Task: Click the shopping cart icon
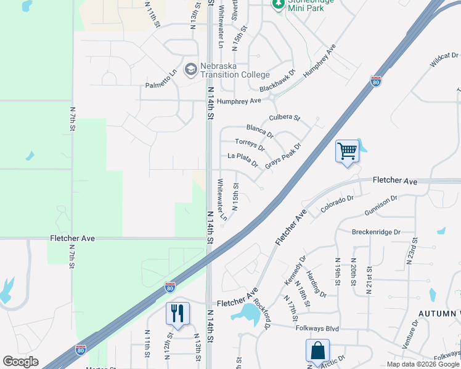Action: pyautogui.click(x=347, y=151)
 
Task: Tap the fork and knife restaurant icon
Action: pyautogui.click(x=177, y=314)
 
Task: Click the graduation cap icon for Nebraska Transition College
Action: pyautogui.click(x=190, y=68)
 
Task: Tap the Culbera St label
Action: pyautogui.click(x=284, y=117)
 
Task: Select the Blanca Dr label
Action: pyautogui.click(x=259, y=130)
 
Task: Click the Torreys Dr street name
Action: pyautogui.click(x=250, y=145)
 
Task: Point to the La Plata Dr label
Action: pyautogui.click(x=243, y=160)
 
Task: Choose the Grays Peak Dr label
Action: pyautogui.click(x=283, y=156)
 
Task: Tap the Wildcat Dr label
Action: pyautogui.click(x=445, y=60)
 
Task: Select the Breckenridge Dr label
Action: pyautogui.click(x=376, y=232)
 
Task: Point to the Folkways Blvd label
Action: pyautogui.click(x=317, y=329)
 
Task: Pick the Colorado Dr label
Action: pyautogui.click(x=337, y=204)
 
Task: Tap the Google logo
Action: pyautogui.click(x=20, y=362)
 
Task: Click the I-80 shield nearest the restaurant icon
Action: pyautogui.click(x=170, y=287)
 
